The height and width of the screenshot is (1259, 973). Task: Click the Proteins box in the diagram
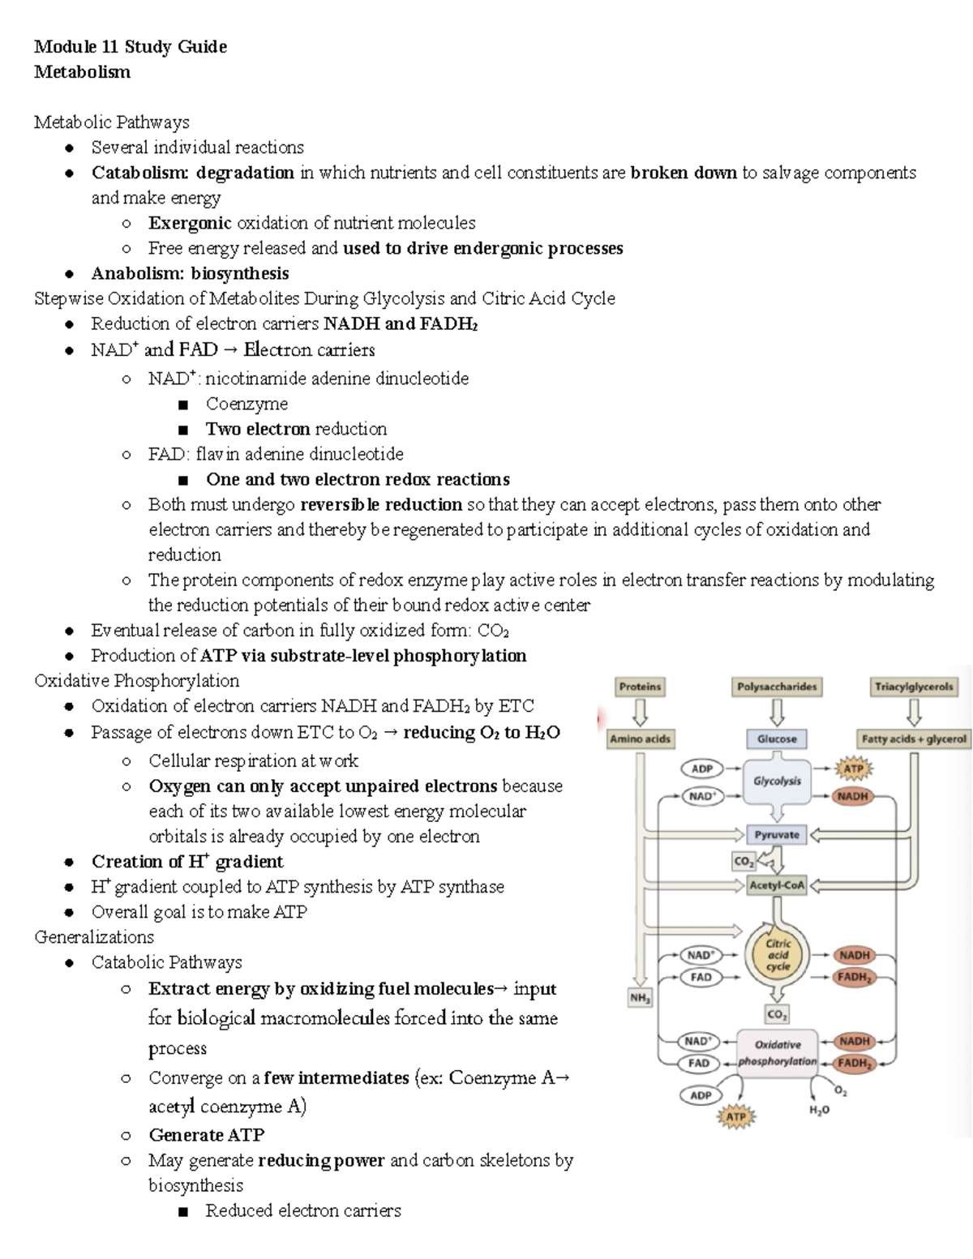pyautogui.click(x=640, y=687)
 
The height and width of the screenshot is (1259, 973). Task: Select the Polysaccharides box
pyautogui.click(x=776, y=687)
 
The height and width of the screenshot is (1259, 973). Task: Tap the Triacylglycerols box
pyautogui.click(x=914, y=687)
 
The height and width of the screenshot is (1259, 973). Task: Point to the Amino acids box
pyautogui.click(x=640, y=739)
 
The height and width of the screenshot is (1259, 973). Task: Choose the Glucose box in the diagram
pyautogui.click(x=776, y=739)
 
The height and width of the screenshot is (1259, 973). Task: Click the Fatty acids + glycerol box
pyautogui.click(x=914, y=739)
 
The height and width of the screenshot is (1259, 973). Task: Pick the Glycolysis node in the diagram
pyautogui.click(x=777, y=782)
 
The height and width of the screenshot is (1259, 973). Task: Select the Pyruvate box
pyautogui.click(x=777, y=834)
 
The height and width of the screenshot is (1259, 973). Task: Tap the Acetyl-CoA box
pyautogui.click(x=777, y=885)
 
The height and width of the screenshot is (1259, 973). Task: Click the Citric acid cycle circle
pyautogui.click(x=778, y=955)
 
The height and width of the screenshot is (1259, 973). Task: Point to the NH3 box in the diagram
pyautogui.click(x=640, y=999)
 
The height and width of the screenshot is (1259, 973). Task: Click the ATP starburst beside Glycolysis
pyautogui.click(x=853, y=769)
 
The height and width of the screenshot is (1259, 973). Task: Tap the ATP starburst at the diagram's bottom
pyautogui.click(x=735, y=1117)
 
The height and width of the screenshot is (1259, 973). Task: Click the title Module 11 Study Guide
pyautogui.click(x=131, y=46)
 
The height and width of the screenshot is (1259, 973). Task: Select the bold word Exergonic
pyautogui.click(x=190, y=223)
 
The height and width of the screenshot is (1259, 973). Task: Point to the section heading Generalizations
pyautogui.click(x=94, y=937)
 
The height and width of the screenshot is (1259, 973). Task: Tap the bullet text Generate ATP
pyautogui.click(x=206, y=1135)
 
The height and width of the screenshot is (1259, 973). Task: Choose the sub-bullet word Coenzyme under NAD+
pyautogui.click(x=246, y=404)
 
